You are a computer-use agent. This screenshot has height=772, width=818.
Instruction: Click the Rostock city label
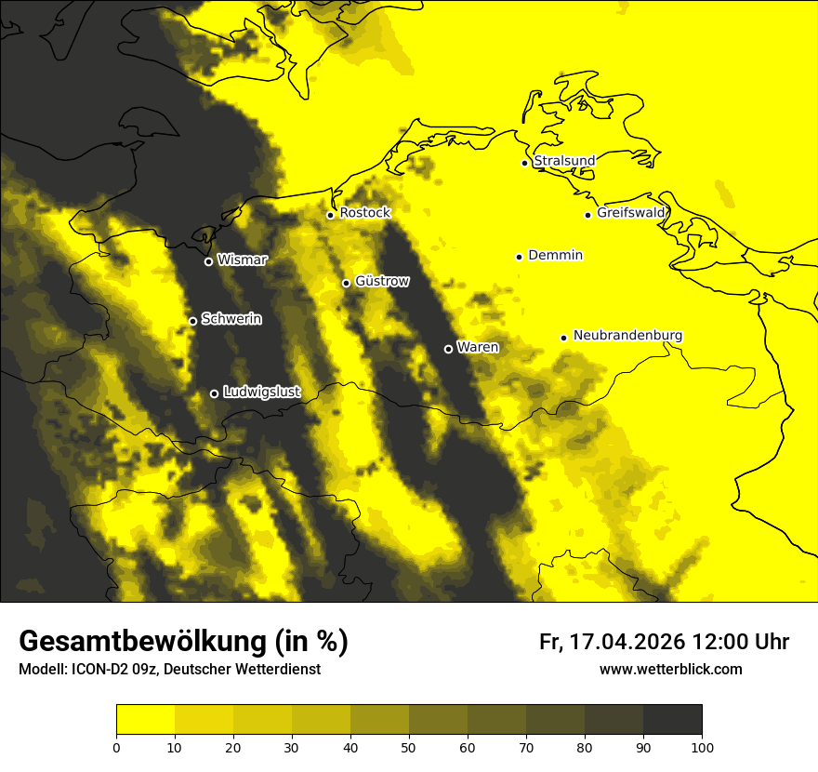click(x=364, y=213)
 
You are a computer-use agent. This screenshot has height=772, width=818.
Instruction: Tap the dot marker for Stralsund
click(x=524, y=163)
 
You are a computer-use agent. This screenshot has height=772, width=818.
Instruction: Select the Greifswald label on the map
click(x=631, y=213)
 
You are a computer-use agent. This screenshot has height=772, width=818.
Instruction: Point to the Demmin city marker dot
click(x=519, y=257)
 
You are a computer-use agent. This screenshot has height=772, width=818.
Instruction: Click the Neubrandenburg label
click(x=627, y=336)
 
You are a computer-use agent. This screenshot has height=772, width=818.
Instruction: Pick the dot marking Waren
click(x=448, y=349)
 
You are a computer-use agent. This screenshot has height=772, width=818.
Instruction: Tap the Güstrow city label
click(x=381, y=281)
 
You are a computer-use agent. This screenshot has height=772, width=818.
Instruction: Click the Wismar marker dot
click(x=208, y=261)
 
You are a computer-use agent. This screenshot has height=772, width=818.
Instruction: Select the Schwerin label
click(x=231, y=319)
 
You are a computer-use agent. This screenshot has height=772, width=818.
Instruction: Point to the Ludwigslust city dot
click(x=214, y=393)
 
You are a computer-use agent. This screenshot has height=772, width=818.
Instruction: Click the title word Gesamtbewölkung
click(x=140, y=642)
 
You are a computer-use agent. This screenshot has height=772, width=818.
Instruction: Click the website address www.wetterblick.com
click(x=670, y=669)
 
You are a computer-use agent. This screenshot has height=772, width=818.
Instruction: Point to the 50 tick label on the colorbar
click(x=409, y=747)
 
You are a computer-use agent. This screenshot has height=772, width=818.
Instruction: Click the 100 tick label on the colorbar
click(x=702, y=747)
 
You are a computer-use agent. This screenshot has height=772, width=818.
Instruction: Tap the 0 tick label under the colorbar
click(x=116, y=747)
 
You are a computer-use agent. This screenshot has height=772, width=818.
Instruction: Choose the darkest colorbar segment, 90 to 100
click(x=672, y=719)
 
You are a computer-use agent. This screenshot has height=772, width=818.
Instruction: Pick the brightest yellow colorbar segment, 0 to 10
click(x=146, y=719)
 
